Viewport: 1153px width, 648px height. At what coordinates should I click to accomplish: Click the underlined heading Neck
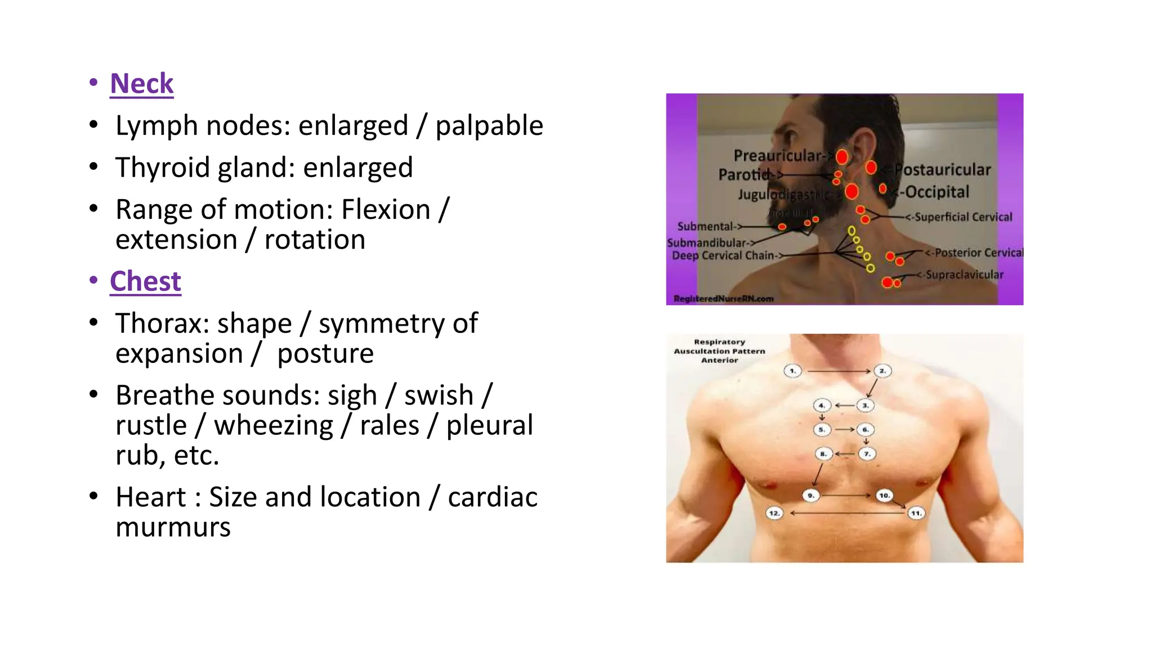click(x=141, y=84)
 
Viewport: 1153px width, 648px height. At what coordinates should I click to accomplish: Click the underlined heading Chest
click(x=145, y=281)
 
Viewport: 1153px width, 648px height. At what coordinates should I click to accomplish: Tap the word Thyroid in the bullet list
click(x=162, y=168)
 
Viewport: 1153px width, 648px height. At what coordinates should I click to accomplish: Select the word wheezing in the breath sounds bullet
click(x=274, y=425)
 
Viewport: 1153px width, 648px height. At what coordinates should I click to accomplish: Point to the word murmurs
click(x=173, y=527)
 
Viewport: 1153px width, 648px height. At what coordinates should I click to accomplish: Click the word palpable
click(x=489, y=125)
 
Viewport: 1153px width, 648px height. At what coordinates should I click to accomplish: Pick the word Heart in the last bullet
click(x=150, y=497)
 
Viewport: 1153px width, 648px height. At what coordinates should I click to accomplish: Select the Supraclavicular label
click(x=964, y=275)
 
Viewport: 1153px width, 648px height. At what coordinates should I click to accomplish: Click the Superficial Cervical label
click(x=962, y=217)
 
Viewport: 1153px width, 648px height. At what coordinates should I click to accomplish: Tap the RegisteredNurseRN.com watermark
click(x=723, y=299)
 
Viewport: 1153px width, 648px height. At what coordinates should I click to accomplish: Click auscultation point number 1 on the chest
click(x=793, y=371)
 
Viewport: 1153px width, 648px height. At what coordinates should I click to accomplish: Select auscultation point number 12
click(x=775, y=513)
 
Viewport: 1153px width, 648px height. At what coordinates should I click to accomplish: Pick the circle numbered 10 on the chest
click(x=884, y=496)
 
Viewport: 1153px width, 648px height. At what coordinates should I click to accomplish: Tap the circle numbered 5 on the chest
click(x=822, y=430)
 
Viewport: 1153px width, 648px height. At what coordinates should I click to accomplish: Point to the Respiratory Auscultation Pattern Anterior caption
click(x=719, y=351)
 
